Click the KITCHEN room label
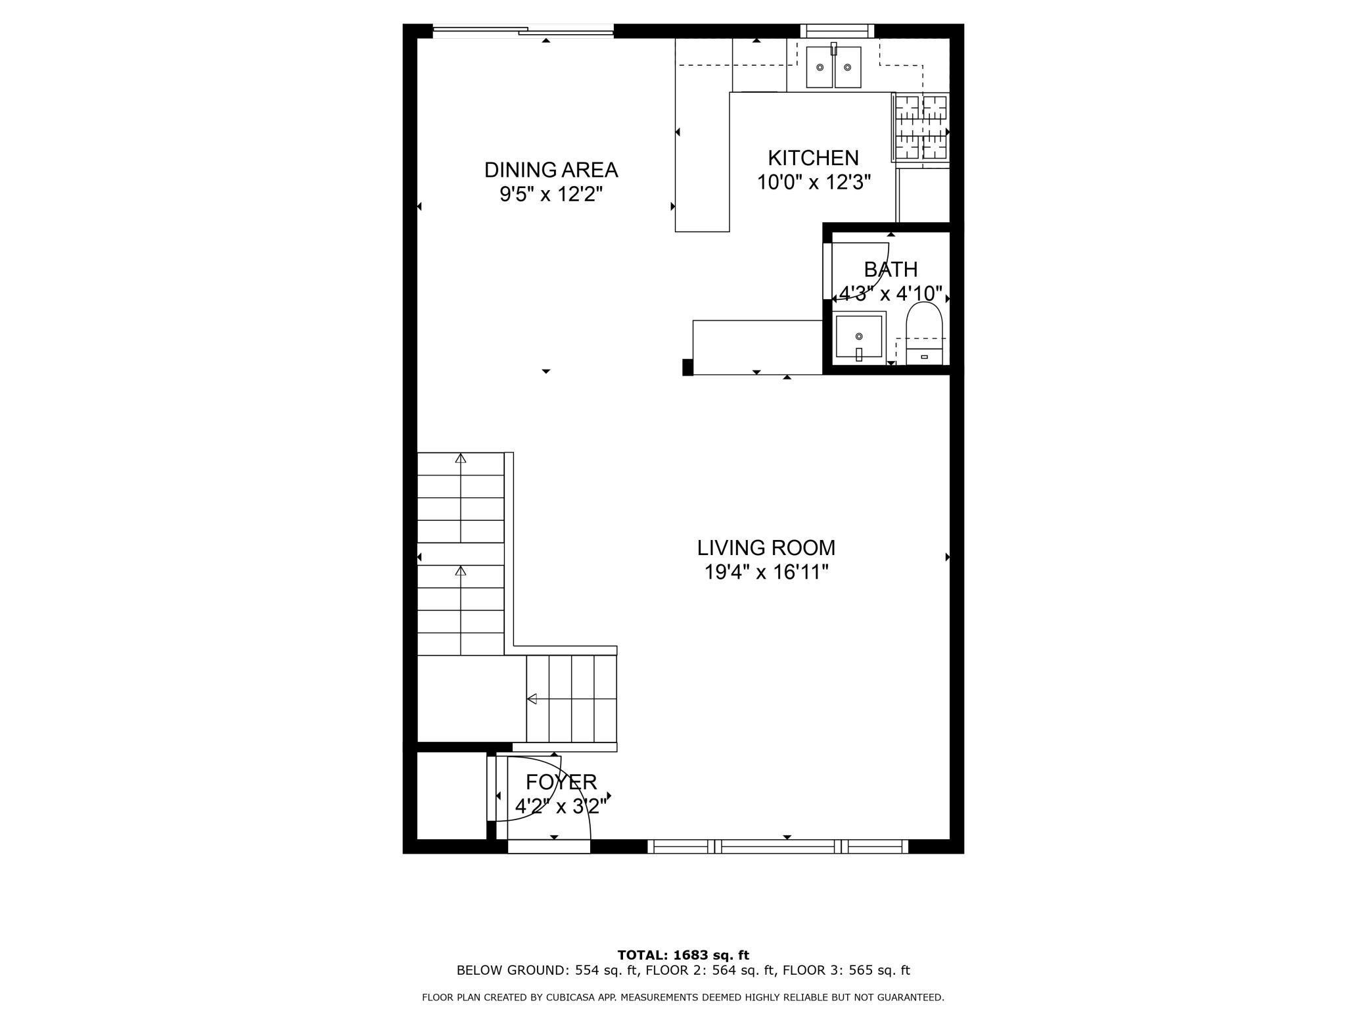tap(813, 158)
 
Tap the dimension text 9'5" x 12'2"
tap(551, 195)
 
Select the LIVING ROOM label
tap(766, 547)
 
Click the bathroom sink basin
tap(858, 337)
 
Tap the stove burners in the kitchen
tap(921, 128)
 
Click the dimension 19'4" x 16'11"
tap(766, 572)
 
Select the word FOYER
tap(561, 782)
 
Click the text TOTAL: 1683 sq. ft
tap(683, 955)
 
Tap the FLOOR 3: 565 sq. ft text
tap(846, 970)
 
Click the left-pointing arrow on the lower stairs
tap(532, 698)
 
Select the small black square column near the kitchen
tap(687, 367)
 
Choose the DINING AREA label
tap(551, 170)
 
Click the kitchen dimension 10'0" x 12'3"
tap(814, 182)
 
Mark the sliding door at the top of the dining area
tap(523, 30)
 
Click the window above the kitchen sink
tap(837, 30)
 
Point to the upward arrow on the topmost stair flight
tap(461, 458)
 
